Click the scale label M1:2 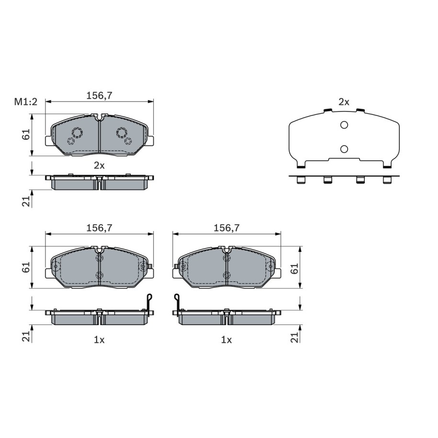pyautogui.click(x=26, y=102)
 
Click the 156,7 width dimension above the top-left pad pyautogui.click(x=99, y=96)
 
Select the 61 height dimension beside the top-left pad pyautogui.click(x=26, y=135)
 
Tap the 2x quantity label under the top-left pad pyautogui.click(x=99, y=166)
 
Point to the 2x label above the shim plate pyautogui.click(x=344, y=102)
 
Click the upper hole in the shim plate pyautogui.click(x=344, y=125)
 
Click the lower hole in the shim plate pyautogui.click(x=344, y=149)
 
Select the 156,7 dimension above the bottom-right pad pyautogui.click(x=226, y=228)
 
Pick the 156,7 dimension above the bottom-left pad pyautogui.click(x=99, y=228)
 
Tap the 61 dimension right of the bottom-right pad pyautogui.click(x=295, y=269)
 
